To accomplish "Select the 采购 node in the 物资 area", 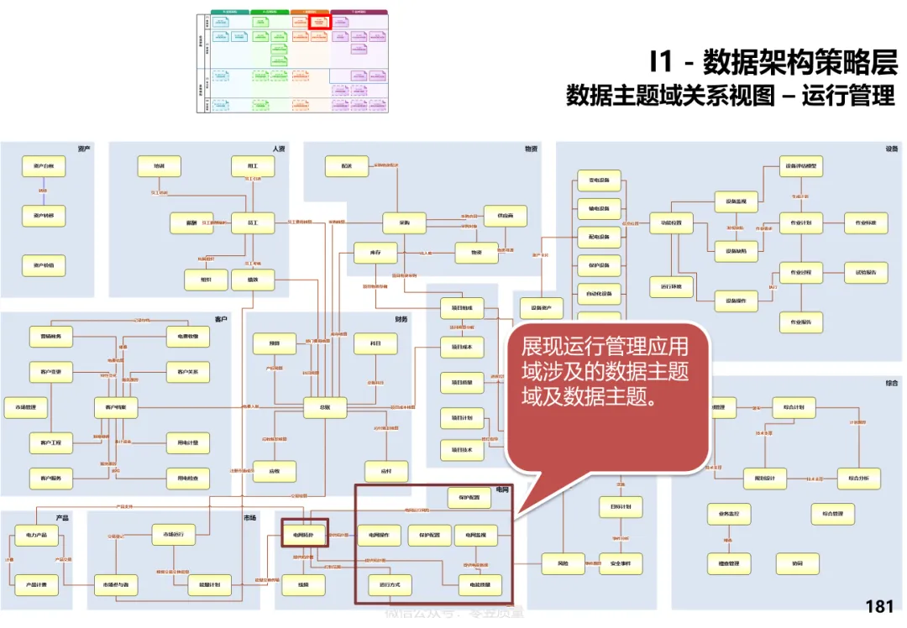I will tap(405, 223).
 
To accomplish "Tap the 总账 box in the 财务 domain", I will tap(325, 408).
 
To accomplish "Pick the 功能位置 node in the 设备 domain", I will tap(671, 223).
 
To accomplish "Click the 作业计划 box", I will tap(801, 223).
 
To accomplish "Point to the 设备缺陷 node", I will tap(737, 250).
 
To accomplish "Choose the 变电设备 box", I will tap(599, 181).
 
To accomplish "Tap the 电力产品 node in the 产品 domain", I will tap(36, 535).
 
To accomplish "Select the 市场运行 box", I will tap(173, 534).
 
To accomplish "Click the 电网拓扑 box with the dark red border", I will tap(304, 534).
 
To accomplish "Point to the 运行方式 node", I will tap(391, 584).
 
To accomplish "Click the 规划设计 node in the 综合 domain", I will tap(765, 479).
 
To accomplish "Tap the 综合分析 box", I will tap(858, 479).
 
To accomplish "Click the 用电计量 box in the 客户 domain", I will tap(187, 442).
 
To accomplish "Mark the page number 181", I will tap(879, 607).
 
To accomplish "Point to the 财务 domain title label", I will tap(401, 319).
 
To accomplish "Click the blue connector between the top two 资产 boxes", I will tap(43, 191).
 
